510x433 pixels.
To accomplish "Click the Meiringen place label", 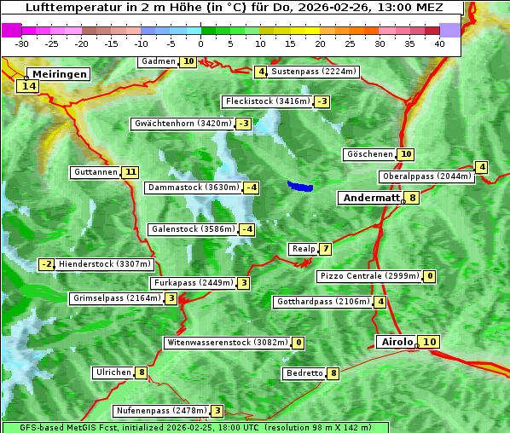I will [x=57, y=74].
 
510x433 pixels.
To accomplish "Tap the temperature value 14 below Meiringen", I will [x=28, y=86].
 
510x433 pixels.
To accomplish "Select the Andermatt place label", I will [x=371, y=198].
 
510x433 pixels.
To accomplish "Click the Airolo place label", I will [x=397, y=342].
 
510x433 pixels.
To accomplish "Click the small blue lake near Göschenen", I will [x=300, y=186].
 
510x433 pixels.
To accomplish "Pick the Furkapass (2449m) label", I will [x=193, y=283].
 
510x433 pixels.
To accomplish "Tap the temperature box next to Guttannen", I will [x=130, y=172].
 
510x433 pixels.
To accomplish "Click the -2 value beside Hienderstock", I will [x=47, y=264].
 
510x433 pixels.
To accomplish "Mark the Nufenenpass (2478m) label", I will [x=161, y=411].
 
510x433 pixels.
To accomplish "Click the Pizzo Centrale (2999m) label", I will [x=369, y=276].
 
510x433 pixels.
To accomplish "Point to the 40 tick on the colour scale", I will [x=439, y=43].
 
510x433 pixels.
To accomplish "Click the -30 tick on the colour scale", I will [x=22, y=43].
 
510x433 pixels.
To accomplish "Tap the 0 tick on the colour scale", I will [x=201, y=43].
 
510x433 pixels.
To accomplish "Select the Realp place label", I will [x=303, y=249].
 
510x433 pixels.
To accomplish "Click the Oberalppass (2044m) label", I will [x=426, y=177].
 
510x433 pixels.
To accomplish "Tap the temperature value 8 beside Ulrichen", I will [x=141, y=372].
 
